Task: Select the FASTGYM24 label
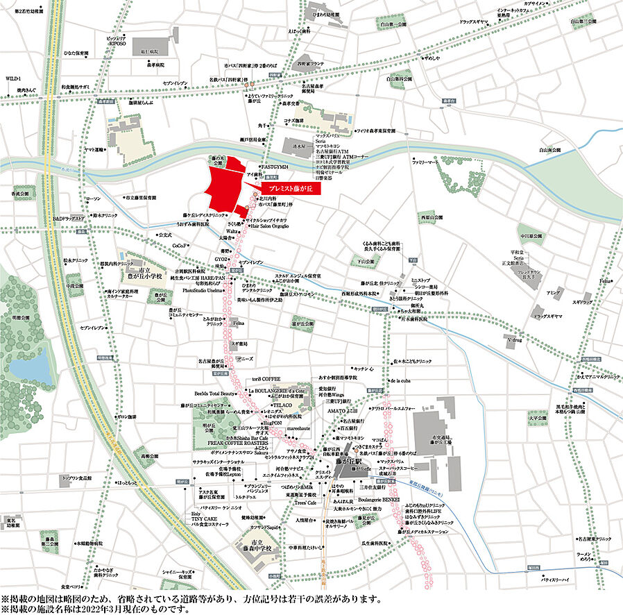pos(274,167)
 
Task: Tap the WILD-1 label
pos(13,78)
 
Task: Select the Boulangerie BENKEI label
pos(379,499)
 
